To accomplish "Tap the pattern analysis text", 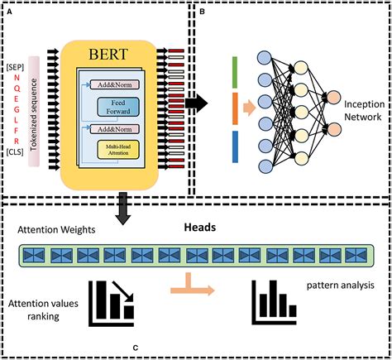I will (342, 288).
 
